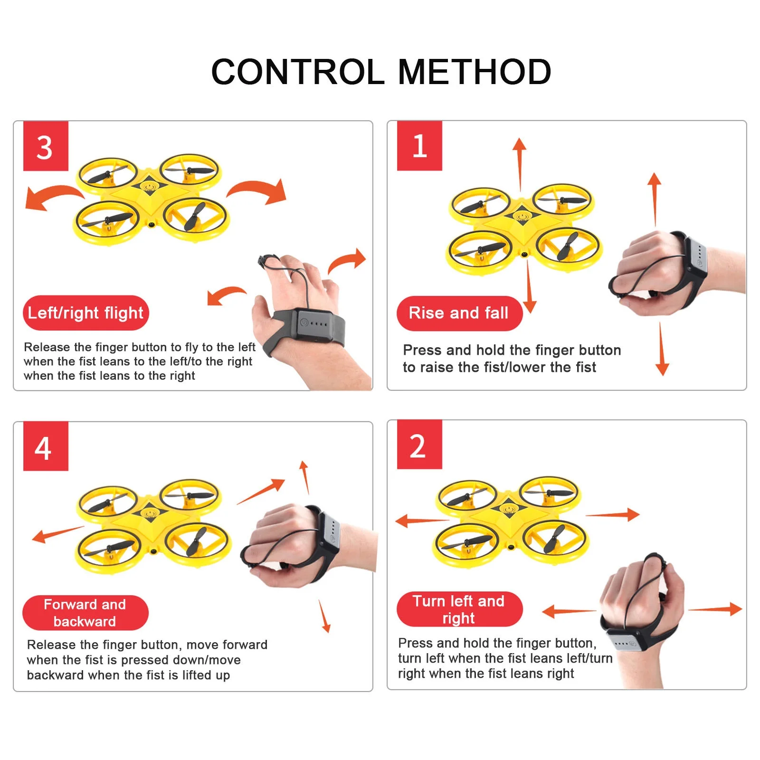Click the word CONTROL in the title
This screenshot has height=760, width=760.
pyautogui.click(x=297, y=72)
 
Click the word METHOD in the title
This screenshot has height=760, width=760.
pyautogui.click(x=475, y=72)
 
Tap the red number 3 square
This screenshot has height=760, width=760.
pyautogui.click(x=46, y=146)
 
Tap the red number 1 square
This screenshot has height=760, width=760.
pyautogui.click(x=419, y=146)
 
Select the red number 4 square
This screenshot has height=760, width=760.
pyautogui.click(x=46, y=446)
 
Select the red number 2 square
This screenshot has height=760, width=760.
pyautogui.click(x=419, y=445)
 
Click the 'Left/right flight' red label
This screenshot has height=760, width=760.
pyautogui.click(x=86, y=313)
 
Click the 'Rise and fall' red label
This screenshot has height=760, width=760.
pyautogui.click(x=459, y=313)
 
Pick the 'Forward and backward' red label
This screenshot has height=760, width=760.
pyautogui.click(x=85, y=613)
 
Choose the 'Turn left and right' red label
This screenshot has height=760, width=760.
pyautogui.click(x=459, y=609)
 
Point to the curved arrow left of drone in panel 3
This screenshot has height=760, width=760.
pyautogui.click(x=52, y=194)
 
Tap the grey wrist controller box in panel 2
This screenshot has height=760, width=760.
pyautogui.click(x=626, y=641)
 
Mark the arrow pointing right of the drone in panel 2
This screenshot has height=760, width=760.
pyautogui.click(x=613, y=514)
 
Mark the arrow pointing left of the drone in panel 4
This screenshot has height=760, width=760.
pyautogui.click(x=58, y=534)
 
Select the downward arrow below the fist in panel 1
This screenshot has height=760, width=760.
pyautogui.click(x=661, y=349)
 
